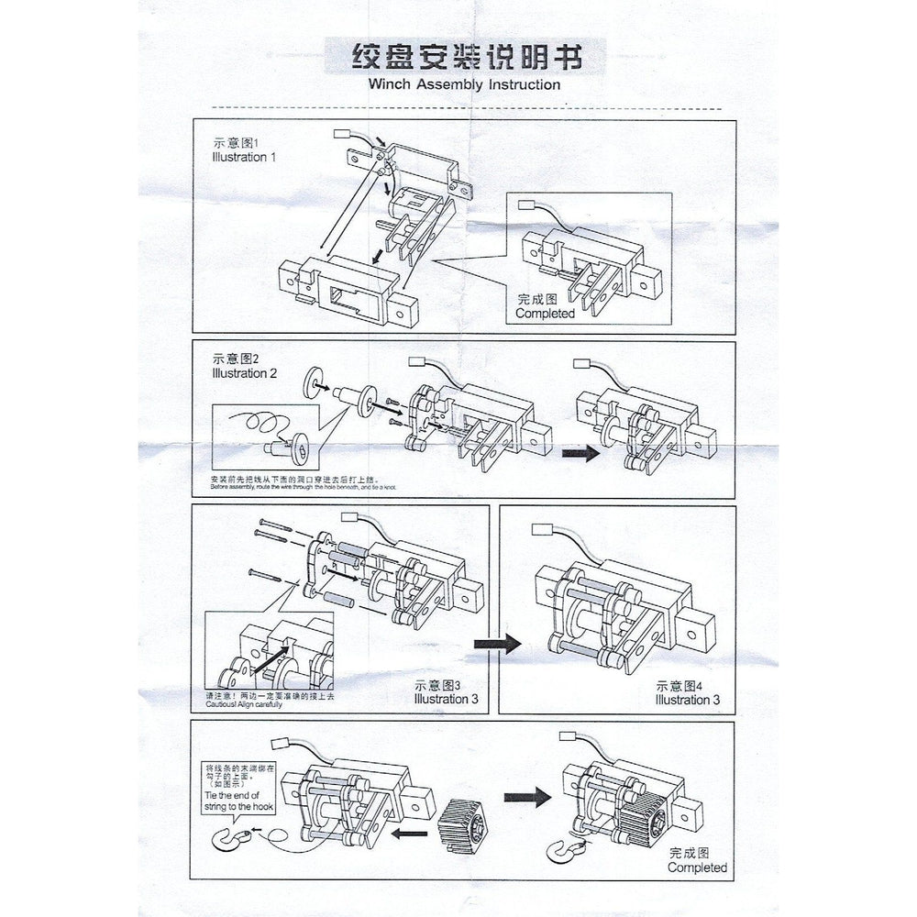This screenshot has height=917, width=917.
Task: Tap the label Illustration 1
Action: click(x=243, y=156)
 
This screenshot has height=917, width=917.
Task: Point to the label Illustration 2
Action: click(x=243, y=374)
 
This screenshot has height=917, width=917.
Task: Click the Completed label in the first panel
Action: click(x=545, y=314)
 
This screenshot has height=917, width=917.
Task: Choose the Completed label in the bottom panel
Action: click(x=697, y=867)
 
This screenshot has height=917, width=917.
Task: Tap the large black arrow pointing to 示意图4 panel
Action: click(x=497, y=644)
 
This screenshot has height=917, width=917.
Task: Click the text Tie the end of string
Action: click(x=237, y=801)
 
